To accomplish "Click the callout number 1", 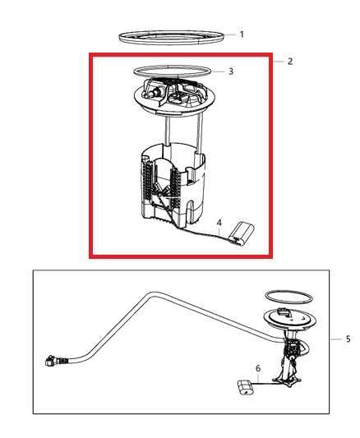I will point(242,35).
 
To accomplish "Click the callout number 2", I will point(289,61).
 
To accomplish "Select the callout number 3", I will point(231,71).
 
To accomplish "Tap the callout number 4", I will point(219,223).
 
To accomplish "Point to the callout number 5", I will point(348,339).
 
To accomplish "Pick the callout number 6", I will point(258,369).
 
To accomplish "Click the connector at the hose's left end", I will point(54,360).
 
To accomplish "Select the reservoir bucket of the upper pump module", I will point(168,189).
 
